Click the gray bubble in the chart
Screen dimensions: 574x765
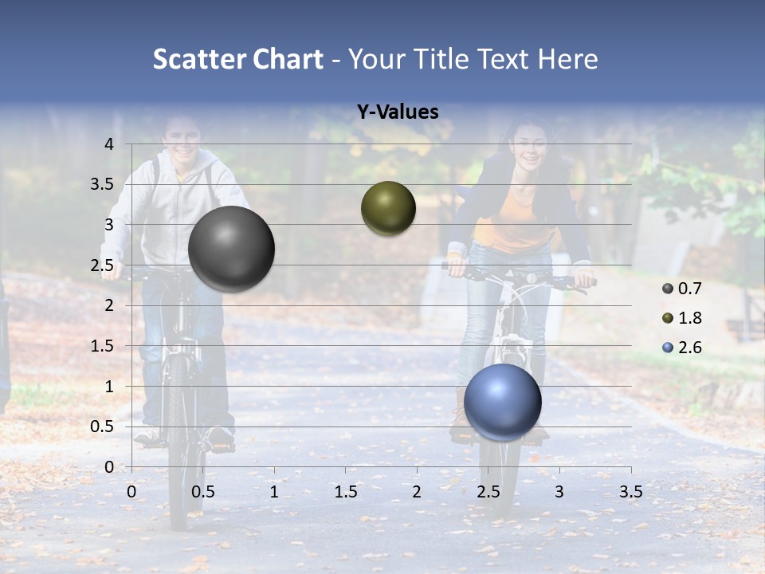click(x=232, y=249)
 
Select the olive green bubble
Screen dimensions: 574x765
click(x=388, y=208)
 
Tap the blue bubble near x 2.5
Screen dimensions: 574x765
click(x=502, y=402)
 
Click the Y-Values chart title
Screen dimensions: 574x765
click(x=397, y=112)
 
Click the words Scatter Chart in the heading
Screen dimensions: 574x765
click(x=237, y=59)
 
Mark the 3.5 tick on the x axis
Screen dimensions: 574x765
click(x=630, y=492)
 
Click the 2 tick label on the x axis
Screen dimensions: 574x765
click(x=417, y=492)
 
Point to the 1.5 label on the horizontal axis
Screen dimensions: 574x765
click(x=345, y=492)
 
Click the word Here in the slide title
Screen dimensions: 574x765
click(x=567, y=59)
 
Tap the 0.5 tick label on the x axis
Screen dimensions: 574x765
click(x=203, y=492)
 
